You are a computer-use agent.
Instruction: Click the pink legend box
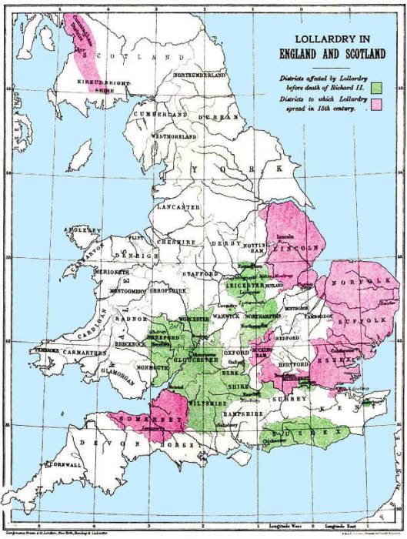click(x=377, y=103)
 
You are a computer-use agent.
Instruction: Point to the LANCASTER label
click(x=181, y=208)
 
